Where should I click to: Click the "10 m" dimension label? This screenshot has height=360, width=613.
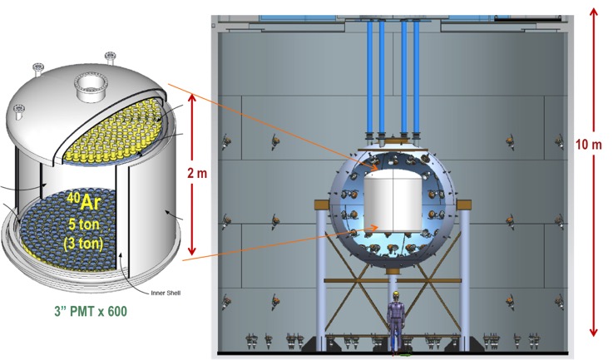click(588, 144)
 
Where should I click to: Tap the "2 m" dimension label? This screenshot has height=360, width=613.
click(197, 172)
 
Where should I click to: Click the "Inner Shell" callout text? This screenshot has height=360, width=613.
click(166, 293)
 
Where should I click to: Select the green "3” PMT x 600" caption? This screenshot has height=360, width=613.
click(91, 311)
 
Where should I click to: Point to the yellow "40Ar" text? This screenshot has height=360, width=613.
click(84, 202)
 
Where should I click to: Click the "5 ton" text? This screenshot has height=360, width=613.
click(84, 224)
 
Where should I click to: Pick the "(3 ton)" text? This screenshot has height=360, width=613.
click(84, 243)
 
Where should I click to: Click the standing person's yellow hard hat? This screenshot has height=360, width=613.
click(396, 294)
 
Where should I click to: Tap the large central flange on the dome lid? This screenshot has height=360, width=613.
click(91, 86)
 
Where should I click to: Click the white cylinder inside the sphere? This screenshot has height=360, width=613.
click(393, 200)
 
